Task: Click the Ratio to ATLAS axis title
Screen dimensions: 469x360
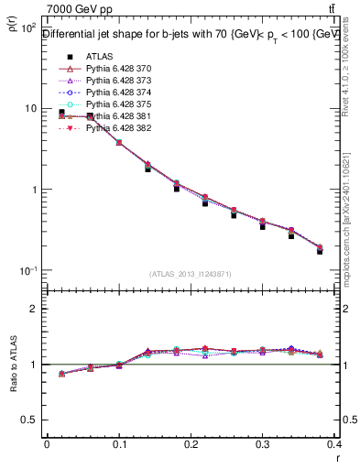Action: click(x=13, y=365)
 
